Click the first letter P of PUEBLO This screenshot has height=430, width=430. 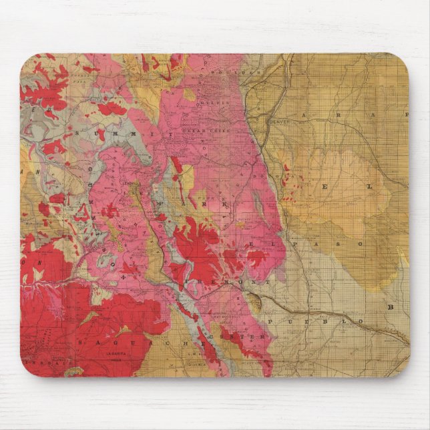[x=270, y=322]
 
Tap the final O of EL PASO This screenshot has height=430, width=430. [x=359, y=244]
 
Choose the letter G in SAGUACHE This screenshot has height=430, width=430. [x=119, y=342]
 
